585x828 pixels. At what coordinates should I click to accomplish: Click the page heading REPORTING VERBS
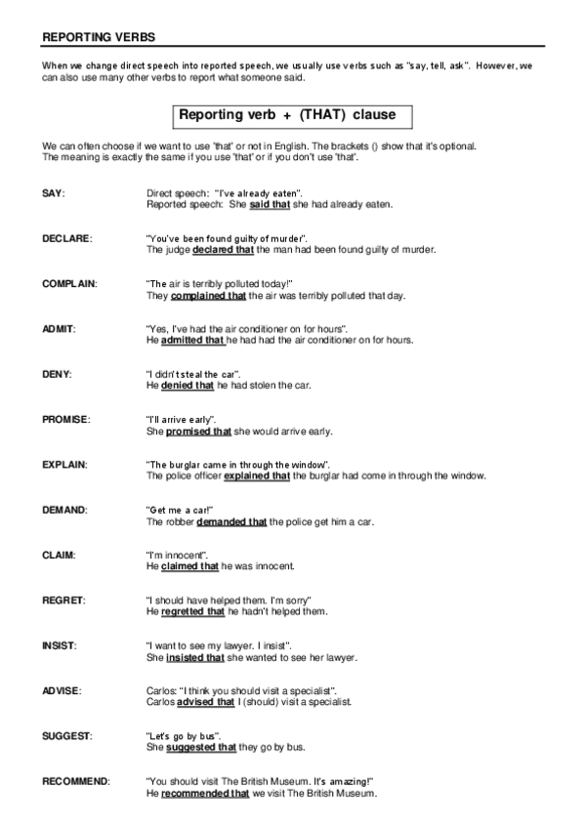point(98,37)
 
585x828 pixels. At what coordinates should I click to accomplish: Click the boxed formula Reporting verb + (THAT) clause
point(286,115)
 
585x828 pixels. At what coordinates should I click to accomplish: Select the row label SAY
point(54,193)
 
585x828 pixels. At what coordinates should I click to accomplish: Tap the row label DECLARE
point(67,238)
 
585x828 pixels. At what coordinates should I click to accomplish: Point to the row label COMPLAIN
point(69,283)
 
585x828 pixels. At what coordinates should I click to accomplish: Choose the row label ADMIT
point(59,329)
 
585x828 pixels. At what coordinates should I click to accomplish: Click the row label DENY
point(57,374)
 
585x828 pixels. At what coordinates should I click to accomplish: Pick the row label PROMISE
point(66,419)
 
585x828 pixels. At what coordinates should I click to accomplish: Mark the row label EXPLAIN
point(65,464)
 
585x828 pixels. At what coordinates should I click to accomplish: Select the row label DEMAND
point(65,510)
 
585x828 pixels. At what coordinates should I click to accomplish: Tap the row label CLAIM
point(60,555)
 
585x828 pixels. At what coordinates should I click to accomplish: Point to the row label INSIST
point(60,645)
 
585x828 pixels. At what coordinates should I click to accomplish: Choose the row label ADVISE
point(62,690)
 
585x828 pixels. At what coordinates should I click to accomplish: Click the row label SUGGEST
point(67,735)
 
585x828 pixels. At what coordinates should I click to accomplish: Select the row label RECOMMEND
point(76,781)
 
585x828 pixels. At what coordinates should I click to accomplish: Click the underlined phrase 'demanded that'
point(231,521)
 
